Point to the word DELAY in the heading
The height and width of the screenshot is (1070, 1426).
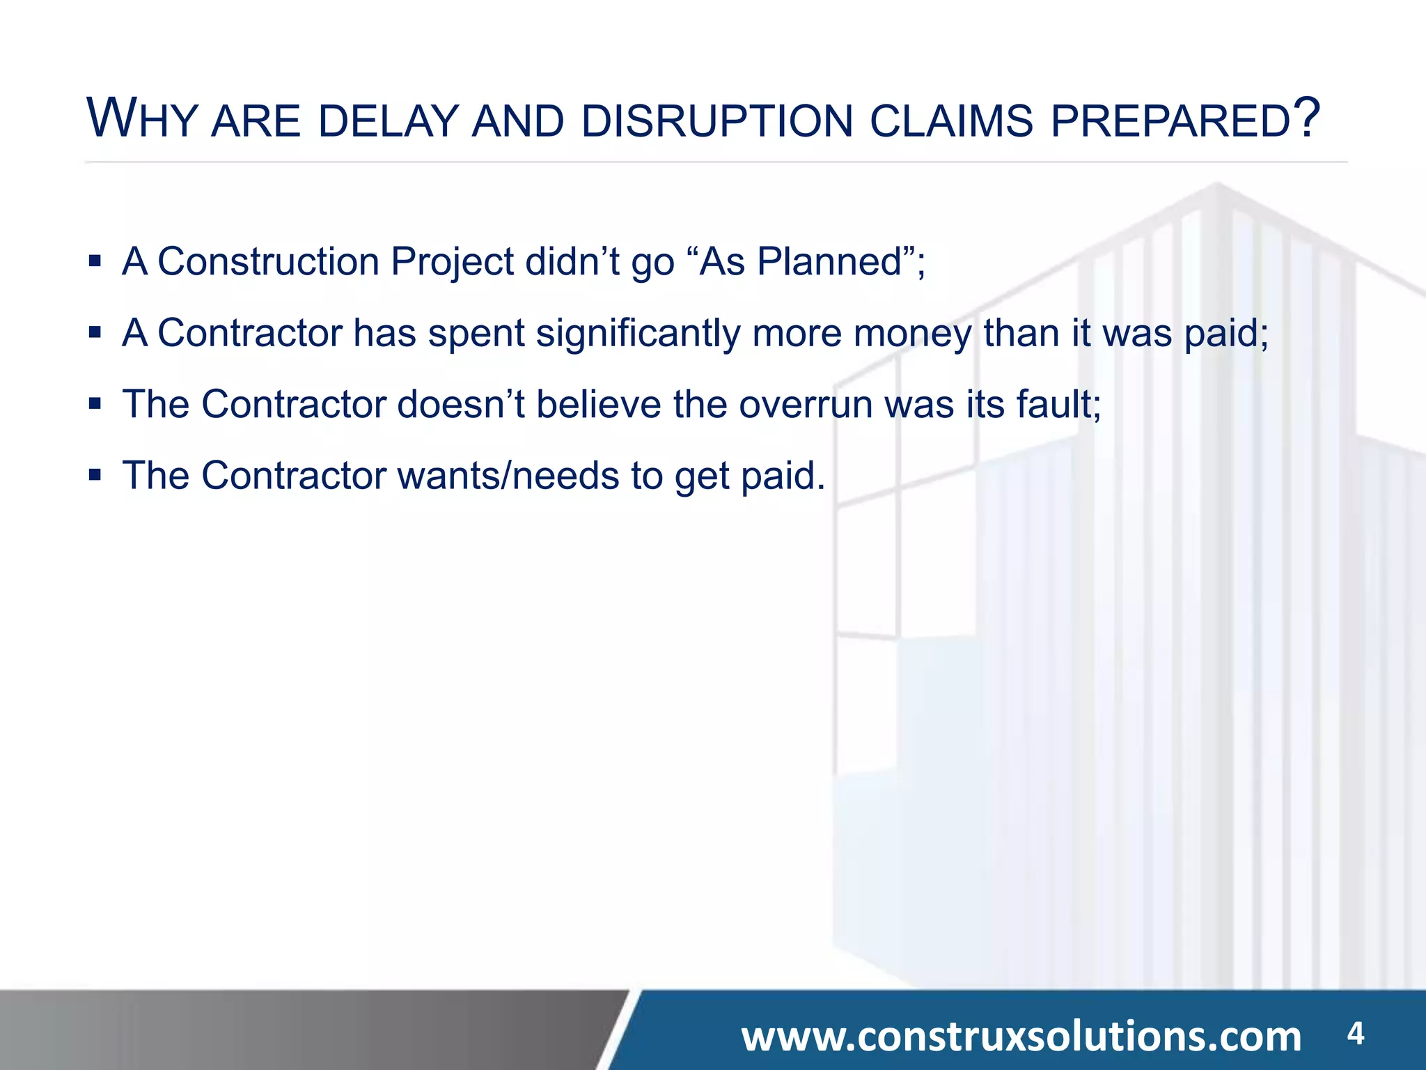pyautogui.click(x=389, y=121)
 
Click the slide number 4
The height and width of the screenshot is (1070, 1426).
pyautogui.click(x=1355, y=1033)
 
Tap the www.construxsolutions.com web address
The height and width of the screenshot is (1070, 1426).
pyautogui.click(x=1021, y=1037)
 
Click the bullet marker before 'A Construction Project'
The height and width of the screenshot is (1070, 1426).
pyautogui.click(x=95, y=262)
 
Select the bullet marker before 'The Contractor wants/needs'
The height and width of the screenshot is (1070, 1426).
pyautogui.click(x=95, y=476)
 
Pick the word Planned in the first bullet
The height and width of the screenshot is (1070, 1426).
pyautogui.click(x=829, y=262)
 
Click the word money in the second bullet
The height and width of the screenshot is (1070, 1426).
pyautogui.click(x=913, y=334)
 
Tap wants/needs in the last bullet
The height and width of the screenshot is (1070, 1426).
pyautogui.click(x=508, y=476)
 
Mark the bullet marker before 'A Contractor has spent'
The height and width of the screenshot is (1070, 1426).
pyautogui.click(x=95, y=333)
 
